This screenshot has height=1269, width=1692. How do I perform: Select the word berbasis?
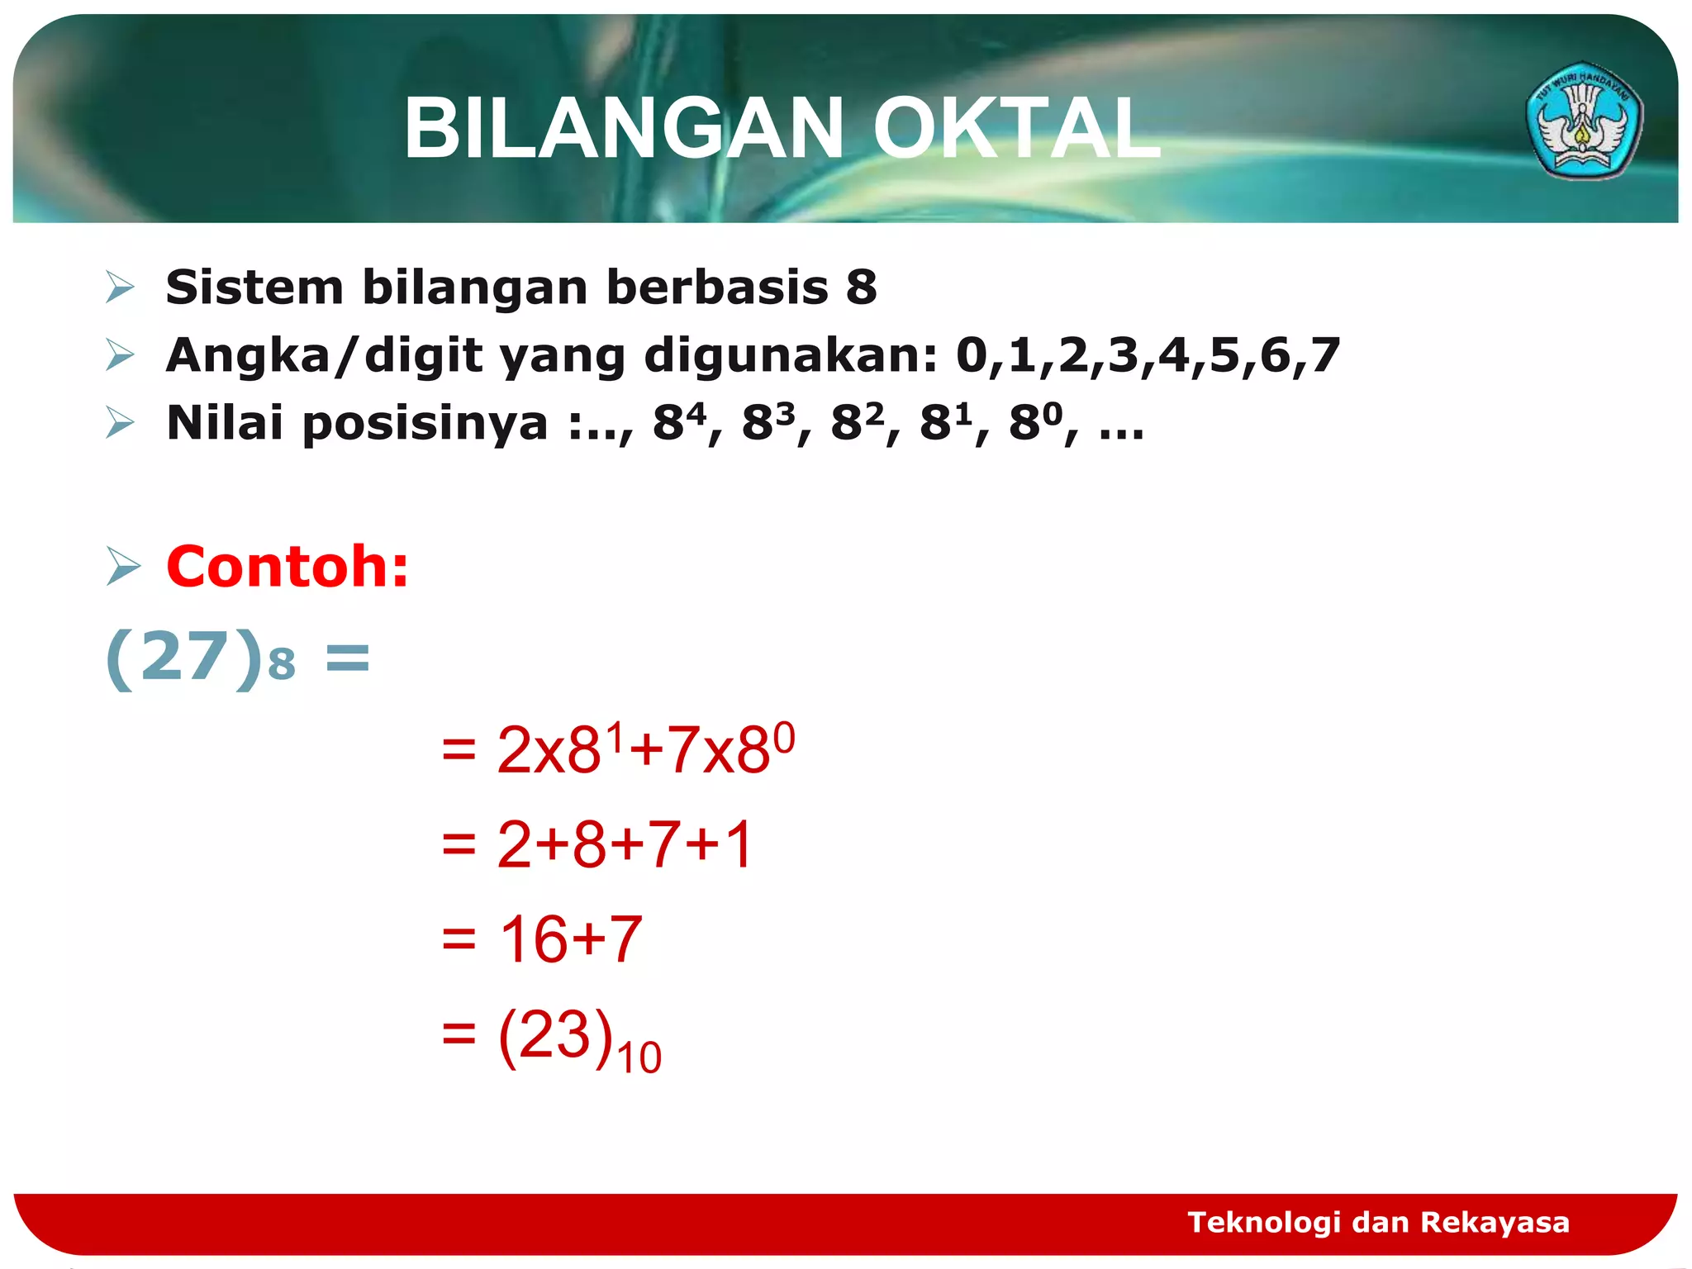pyautogui.click(x=717, y=288)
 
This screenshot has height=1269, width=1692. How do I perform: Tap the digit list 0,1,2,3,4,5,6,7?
pyautogui.click(x=1148, y=355)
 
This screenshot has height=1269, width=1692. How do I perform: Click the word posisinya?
pyautogui.click(x=425, y=423)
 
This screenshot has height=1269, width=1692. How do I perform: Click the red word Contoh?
pyautogui.click(x=288, y=567)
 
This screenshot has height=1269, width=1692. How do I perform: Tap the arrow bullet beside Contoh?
pyautogui.click(x=123, y=568)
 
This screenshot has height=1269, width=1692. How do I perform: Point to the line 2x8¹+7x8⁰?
pyautogui.click(x=644, y=749)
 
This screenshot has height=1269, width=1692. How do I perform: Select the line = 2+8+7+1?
pyautogui.click(x=597, y=844)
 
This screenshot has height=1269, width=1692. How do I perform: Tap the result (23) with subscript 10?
pyautogui.click(x=578, y=1038)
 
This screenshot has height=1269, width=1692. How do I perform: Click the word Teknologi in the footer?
pyautogui.click(x=1263, y=1222)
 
